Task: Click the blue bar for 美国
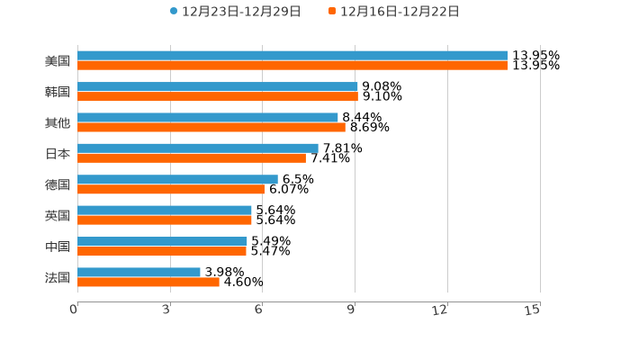click(x=292, y=56)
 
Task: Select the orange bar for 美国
click(x=292, y=66)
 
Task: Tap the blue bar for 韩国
click(x=218, y=86)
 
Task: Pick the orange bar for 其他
click(x=211, y=128)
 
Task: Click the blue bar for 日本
click(x=198, y=148)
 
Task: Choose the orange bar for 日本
click(x=192, y=158)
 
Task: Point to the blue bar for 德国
click(x=177, y=179)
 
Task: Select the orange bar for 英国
click(x=165, y=220)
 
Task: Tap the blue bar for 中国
click(x=162, y=241)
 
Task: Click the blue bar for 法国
click(x=139, y=272)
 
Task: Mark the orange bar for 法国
click(x=148, y=282)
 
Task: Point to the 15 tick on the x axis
click(x=533, y=310)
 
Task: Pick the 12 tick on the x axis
click(x=440, y=310)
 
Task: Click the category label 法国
click(x=58, y=277)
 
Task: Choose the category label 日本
click(x=58, y=153)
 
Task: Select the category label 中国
click(x=58, y=247)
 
